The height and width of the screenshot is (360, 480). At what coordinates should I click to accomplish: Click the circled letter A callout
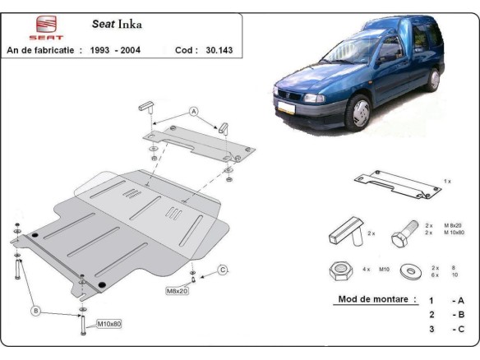coord(194,110)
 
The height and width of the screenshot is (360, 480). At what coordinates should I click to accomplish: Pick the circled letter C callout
coord(222,269)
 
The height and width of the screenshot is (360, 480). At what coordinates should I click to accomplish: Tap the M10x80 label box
coord(108,324)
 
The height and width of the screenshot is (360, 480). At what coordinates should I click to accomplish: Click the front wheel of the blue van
coord(360,112)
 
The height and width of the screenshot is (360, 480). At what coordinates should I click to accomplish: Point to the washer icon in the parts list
coord(408,270)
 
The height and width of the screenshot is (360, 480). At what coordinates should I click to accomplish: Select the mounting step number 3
coord(432,329)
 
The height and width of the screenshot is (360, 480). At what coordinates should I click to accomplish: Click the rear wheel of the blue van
coord(433,78)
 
